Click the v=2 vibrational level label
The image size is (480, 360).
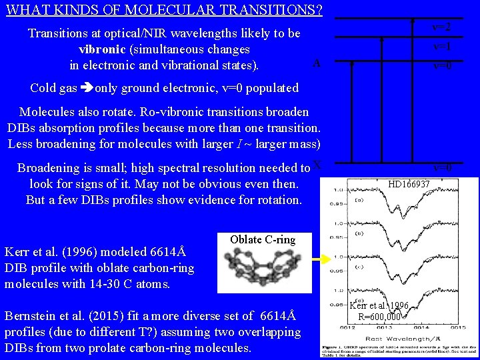tap(441, 27)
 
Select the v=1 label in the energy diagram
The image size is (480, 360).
tap(441, 47)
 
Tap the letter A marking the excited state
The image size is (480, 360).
tap(317, 63)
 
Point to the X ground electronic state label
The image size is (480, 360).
tap(317, 164)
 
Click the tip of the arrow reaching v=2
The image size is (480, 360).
tap(413, 20)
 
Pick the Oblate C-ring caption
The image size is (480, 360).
tap(262, 239)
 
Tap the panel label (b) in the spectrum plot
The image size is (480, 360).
tap(360, 233)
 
